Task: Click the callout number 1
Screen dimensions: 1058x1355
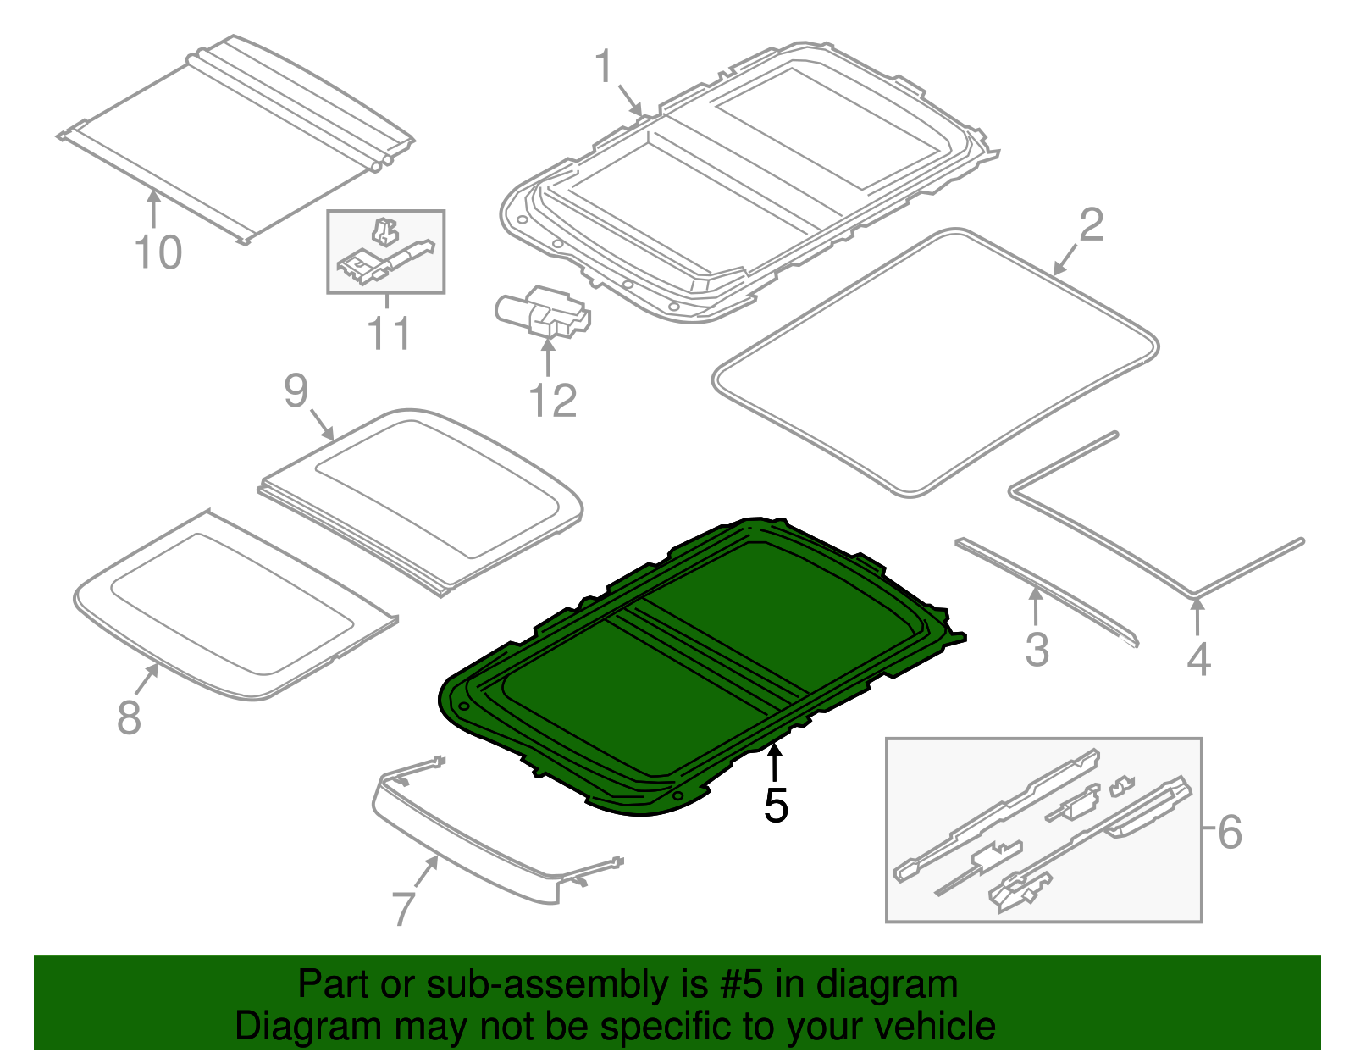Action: click(603, 67)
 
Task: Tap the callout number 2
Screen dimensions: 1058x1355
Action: click(1092, 225)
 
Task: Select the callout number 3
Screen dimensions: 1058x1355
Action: click(1037, 651)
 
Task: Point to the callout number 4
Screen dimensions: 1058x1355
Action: click(1198, 660)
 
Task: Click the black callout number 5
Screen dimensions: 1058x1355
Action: click(776, 805)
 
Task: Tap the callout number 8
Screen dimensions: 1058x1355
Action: click(129, 717)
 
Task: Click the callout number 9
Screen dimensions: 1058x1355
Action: click(296, 391)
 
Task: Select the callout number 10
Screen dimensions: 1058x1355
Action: click(158, 252)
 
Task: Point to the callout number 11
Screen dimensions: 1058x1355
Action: click(389, 334)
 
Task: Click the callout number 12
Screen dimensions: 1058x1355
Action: click(552, 401)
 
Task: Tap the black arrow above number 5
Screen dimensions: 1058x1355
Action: click(774, 761)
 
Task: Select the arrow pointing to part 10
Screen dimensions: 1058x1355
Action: click(153, 208)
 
